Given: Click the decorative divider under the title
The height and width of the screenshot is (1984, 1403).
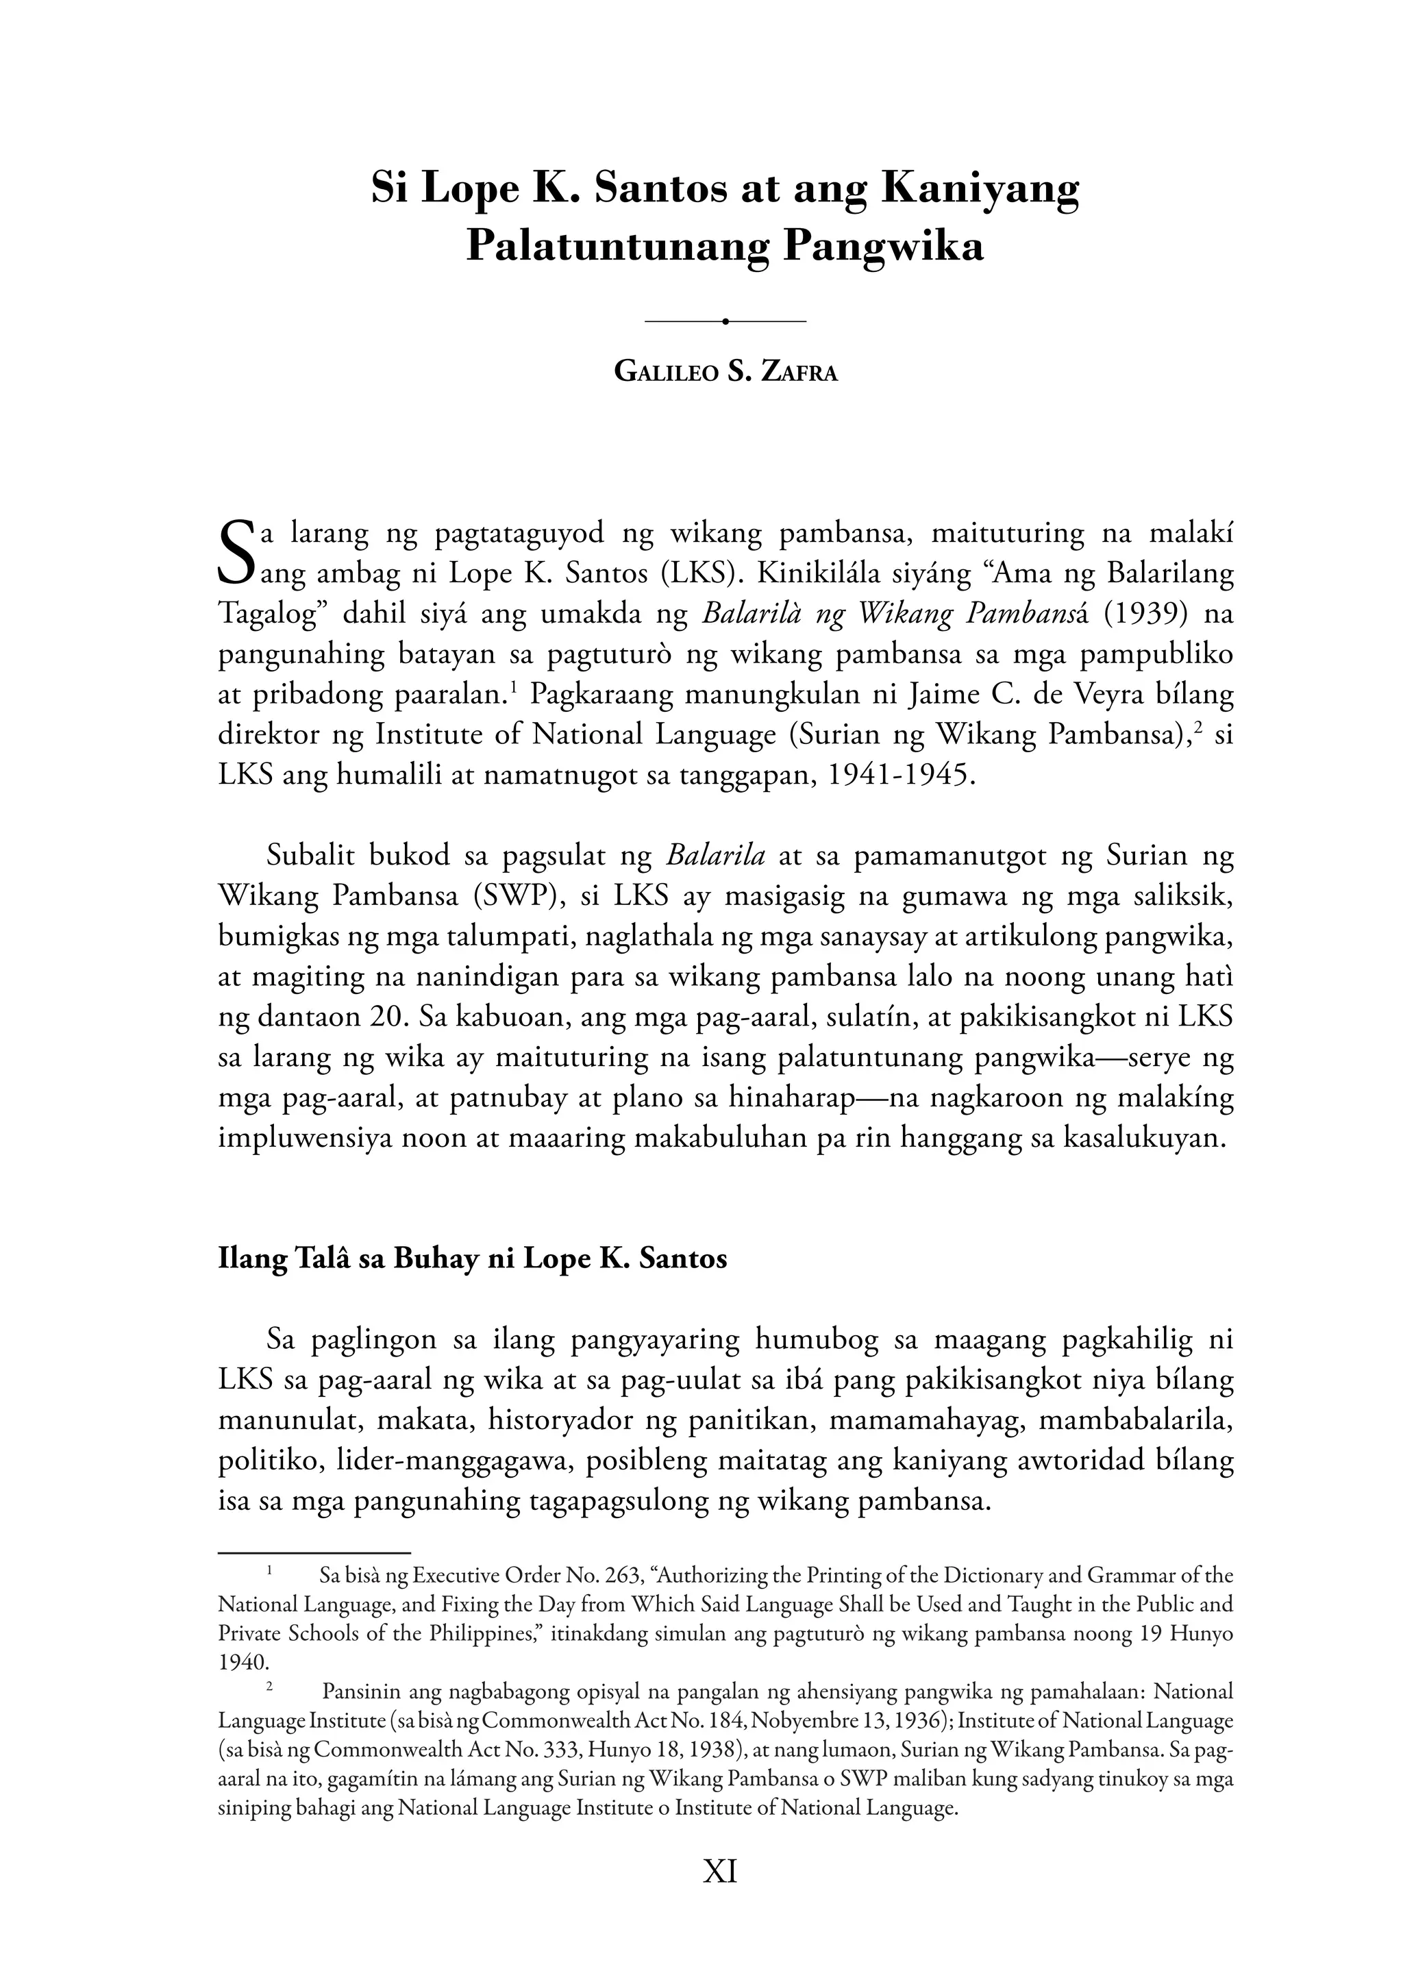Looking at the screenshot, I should tap(725, 321).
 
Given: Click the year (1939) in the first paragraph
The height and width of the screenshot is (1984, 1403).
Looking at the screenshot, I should tap(1146, 615).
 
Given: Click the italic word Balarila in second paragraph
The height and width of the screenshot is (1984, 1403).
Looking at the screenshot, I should tap(715, 856).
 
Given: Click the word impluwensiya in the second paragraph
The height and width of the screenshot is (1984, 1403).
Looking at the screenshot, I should tap(298, 1137).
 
